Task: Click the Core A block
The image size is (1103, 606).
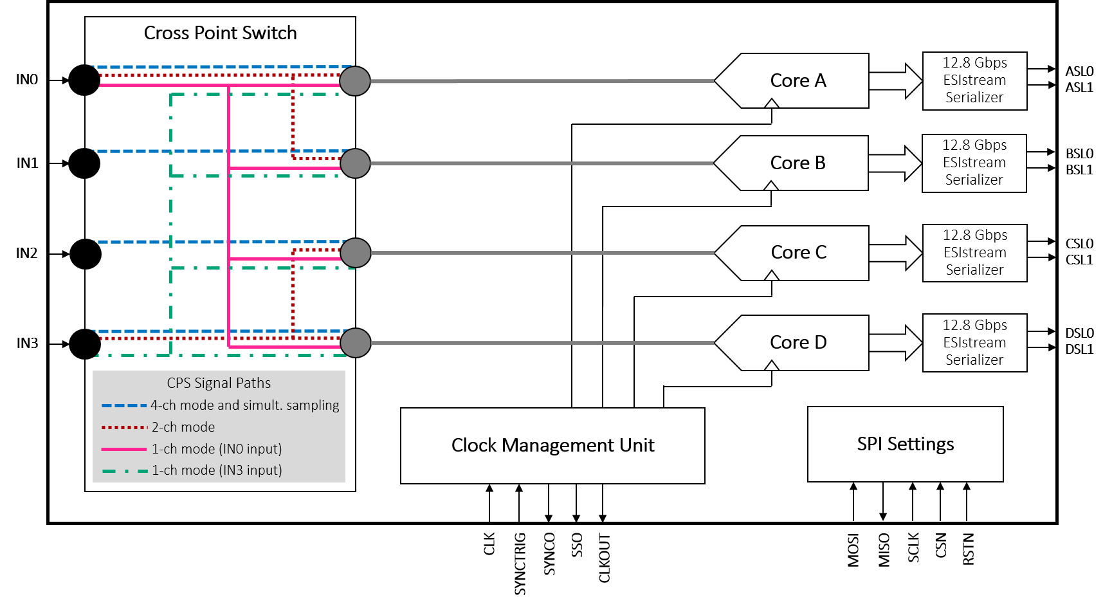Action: [798, 80]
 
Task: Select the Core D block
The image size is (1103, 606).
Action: [798, 342]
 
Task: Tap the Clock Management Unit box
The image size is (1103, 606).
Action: [552, 445]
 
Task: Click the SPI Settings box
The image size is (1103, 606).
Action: [905, 444]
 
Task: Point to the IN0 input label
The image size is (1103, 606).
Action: [27, 79]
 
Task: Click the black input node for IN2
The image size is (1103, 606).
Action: [85, 254]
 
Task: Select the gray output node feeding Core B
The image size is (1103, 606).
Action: [355, 163]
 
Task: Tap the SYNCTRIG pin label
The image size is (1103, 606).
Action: [520, 564]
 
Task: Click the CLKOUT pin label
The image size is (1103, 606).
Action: [605, 558]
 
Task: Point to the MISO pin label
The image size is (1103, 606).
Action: [884, 550]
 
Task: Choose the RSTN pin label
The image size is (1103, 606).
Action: [969, 549]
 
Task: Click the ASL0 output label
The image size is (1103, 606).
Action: [1079, 71]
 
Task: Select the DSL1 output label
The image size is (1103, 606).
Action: [1079, 349]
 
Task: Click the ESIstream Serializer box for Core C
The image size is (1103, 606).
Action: [974, 253]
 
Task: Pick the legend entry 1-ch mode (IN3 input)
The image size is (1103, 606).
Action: [192, 470]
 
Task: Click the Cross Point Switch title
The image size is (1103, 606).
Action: [220, 33]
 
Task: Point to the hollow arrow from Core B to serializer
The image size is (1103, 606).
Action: [896, 163]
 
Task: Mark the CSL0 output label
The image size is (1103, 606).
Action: [1079, 243]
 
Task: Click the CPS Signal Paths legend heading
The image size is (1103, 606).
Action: [219, 383]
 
